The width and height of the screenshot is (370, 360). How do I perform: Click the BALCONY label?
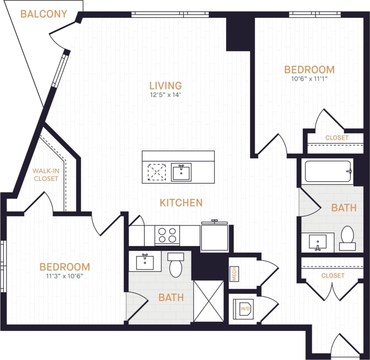44,14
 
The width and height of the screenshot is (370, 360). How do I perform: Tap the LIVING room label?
165,85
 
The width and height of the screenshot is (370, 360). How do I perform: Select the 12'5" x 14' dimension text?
165,96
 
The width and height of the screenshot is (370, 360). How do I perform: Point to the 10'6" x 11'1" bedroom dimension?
309,79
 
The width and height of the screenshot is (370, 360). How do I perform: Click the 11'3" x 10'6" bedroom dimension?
64,276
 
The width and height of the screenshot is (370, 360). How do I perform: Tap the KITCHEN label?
181,203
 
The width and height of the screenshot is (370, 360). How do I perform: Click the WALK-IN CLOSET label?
45,174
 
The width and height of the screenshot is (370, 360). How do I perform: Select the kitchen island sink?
181,172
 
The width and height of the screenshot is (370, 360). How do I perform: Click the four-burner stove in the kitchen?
167,235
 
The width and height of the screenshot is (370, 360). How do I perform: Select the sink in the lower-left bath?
145,262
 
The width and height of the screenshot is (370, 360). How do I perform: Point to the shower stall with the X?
207,301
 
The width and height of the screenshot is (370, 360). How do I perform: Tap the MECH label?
234,274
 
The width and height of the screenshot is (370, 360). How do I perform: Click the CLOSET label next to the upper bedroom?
337,138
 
